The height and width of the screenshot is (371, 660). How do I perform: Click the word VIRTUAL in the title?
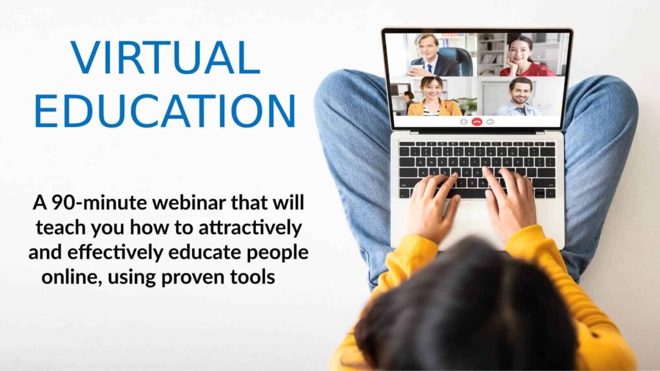point(165,57)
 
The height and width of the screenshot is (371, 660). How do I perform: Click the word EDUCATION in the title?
point(165,111)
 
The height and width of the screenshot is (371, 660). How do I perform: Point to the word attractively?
point(250,227)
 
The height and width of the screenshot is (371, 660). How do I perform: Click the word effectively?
point(115,252)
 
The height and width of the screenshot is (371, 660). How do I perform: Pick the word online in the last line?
point(72,277)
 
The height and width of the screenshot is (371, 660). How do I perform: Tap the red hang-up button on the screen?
point(476,122)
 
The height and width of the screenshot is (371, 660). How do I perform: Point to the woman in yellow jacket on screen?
point(434,97)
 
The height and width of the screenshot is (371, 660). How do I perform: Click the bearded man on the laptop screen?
point(519,97)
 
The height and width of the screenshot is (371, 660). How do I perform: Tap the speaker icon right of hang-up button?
point(490,122)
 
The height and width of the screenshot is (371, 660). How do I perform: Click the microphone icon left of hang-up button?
point(463,122)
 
